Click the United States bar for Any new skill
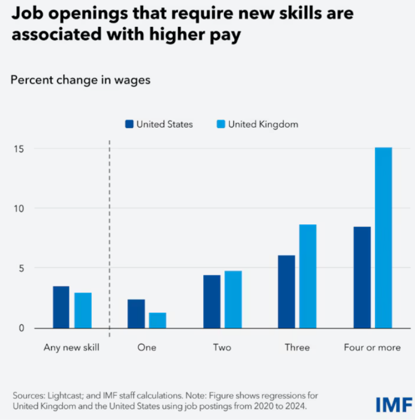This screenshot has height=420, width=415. tap(61, 307)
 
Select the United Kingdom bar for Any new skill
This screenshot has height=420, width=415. tap(83, 310)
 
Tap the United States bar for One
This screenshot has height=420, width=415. tap(136, 314)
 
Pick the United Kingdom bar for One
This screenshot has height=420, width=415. tap(157, 320)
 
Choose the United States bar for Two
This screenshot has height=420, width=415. tap(211, 301)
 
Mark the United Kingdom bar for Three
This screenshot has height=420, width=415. tap(308, 276)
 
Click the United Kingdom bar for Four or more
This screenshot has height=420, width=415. tap(384, 237)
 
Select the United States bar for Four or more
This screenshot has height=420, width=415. tap(362, 277)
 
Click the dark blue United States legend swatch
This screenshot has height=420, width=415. tap(130, 124)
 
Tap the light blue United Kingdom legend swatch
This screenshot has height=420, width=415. tap(221, 124)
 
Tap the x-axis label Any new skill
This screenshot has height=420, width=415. tap(71, 347)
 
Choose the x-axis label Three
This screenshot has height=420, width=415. tap(297, 347)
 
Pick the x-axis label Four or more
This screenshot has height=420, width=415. tap(372, 347)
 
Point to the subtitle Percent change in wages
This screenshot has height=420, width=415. tap(80, 80)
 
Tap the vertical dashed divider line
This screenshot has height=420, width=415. tap(109, 238)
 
